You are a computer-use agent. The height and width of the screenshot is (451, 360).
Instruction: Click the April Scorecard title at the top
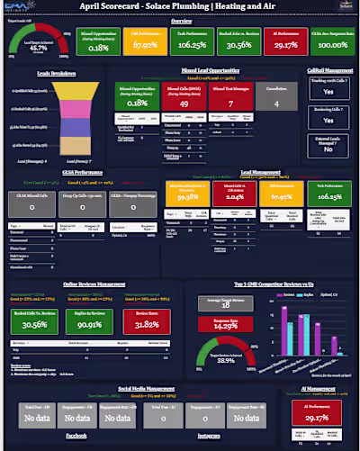point(180,5)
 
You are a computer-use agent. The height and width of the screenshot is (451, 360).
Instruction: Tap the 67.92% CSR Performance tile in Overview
point(146,44)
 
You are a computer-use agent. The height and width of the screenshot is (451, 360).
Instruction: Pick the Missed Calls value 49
point(177,103)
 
